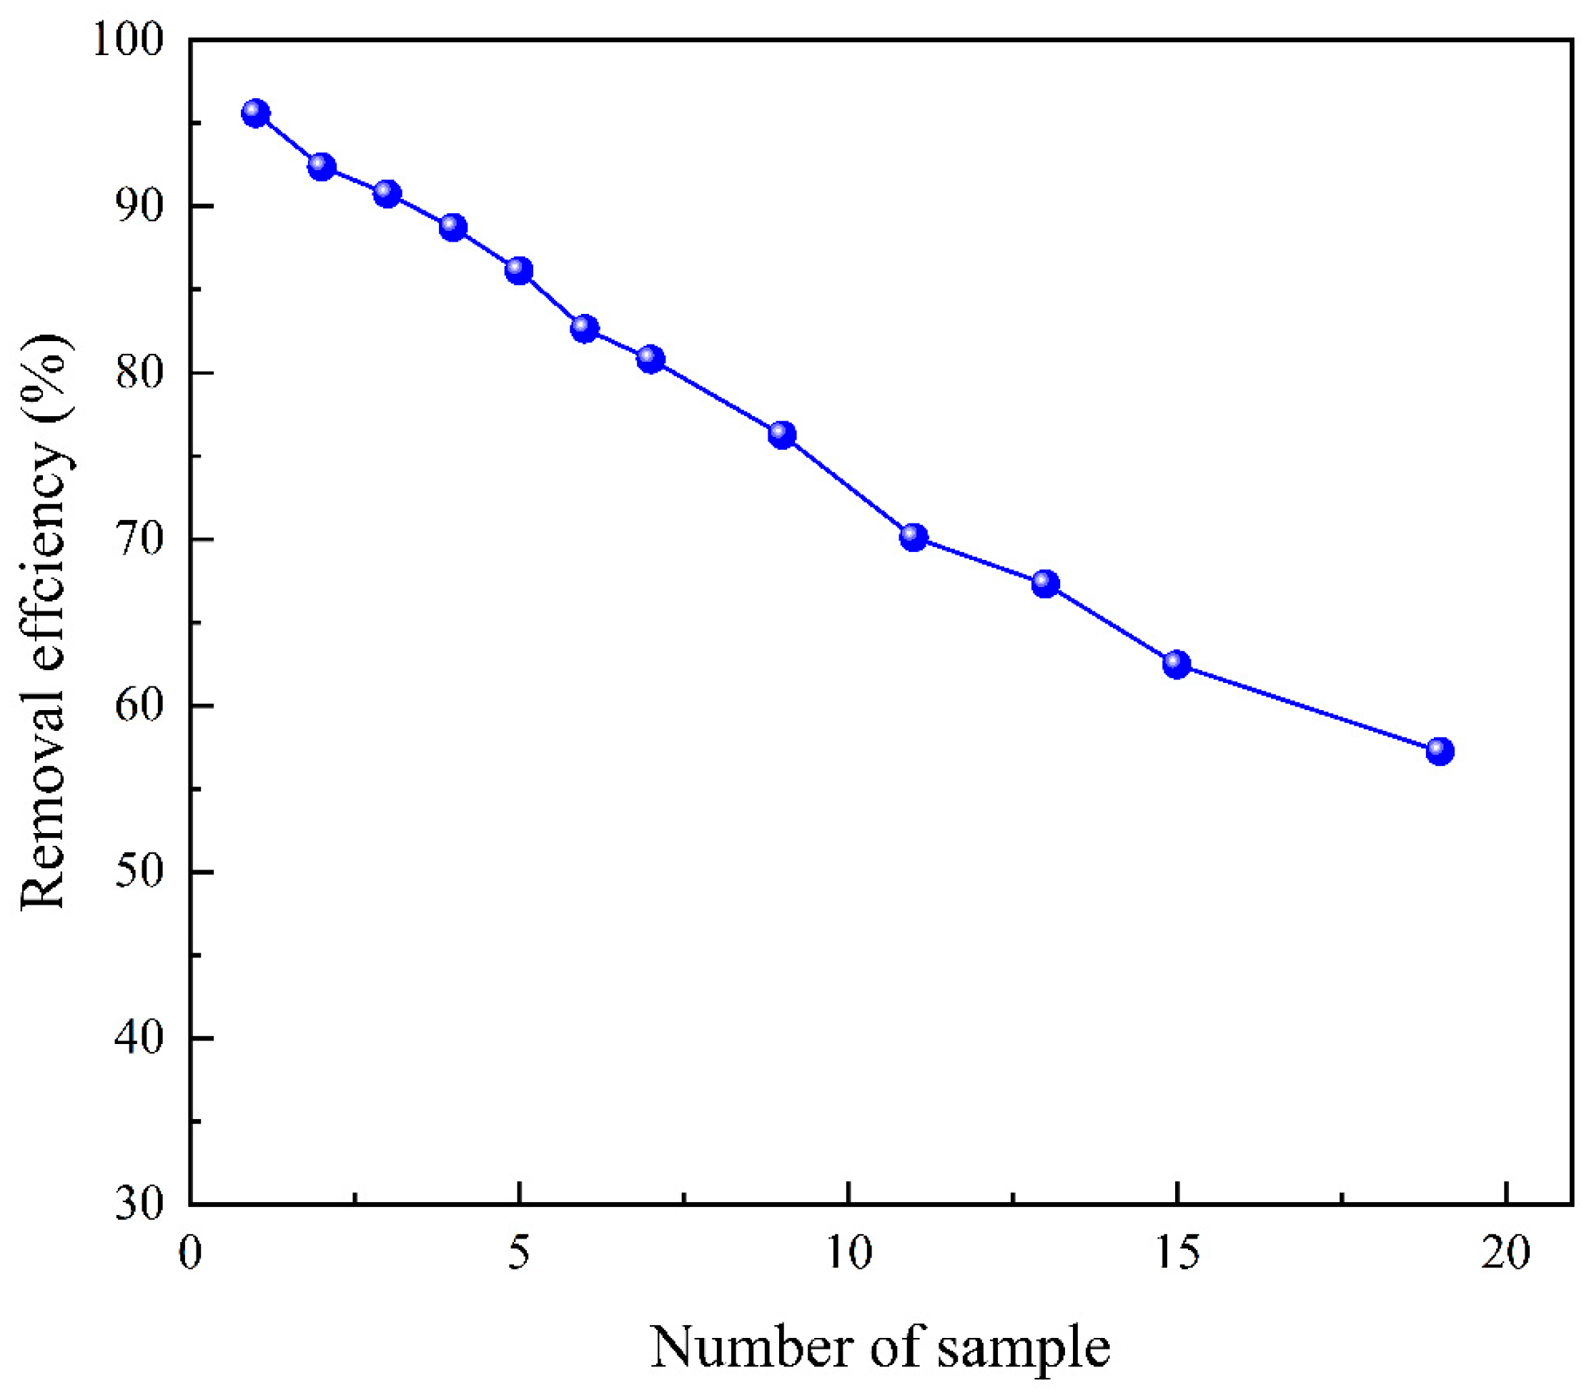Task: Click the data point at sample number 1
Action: coord(256,114)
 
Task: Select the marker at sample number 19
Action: coord(1440,752)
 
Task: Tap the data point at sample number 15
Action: coord(1177,664)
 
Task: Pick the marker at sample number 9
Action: coord(782,435)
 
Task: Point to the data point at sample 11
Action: coord(914,537)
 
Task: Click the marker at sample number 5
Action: coord(519,271)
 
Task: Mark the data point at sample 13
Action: coord(1045,584)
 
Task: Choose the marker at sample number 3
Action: coord(387,194)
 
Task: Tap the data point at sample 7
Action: coord(650,359)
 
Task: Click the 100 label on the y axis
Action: coord(129,41)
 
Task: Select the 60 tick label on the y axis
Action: coord(140,706)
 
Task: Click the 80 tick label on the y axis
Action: coord(140,373)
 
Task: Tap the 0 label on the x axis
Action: coord(190,1254)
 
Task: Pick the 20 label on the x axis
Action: coord(1506,1254)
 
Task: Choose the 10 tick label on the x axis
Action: coord(848,1254)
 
